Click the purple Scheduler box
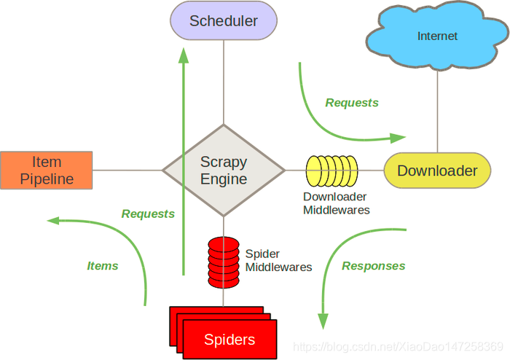click(x=224, y=20)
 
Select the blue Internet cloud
click(x=437, y=36)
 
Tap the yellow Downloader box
click(x=437, y=171)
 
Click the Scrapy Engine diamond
click(x=224, y=170)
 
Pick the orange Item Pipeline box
click(x=47, y=170)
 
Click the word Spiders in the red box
click(x=229, y=340)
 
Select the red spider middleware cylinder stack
click(x=223, y=262)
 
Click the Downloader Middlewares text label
click(x=336, y=203)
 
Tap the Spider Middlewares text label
click(x=278, y=261)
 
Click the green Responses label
click(x=373, y=266)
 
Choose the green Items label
click(x=103, y=266)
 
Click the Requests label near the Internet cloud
click(x=352, y=103)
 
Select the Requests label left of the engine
click(x=148, y=214)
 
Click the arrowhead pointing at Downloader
click(x=398, y=137)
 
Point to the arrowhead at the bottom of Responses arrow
click(x=323, y=321)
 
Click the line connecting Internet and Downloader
click(x=437, y=109)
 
